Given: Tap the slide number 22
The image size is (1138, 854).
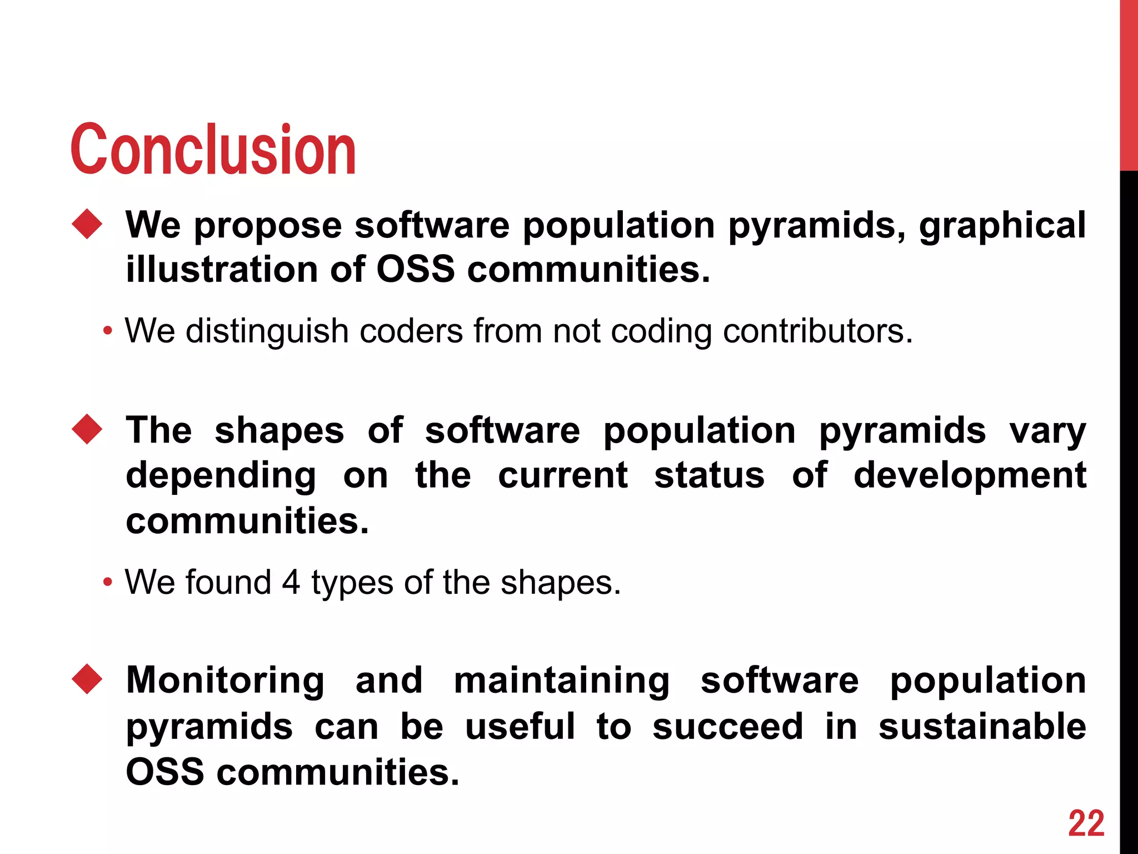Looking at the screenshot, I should point(1086,823).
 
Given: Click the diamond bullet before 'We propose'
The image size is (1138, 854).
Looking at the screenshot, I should point(87,224).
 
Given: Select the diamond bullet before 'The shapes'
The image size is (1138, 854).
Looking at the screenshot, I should point(87,429).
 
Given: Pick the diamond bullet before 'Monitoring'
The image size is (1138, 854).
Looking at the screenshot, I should point(87,679).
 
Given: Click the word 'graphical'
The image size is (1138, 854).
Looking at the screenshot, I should point(1002,226).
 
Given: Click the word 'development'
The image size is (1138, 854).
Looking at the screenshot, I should point(969,476).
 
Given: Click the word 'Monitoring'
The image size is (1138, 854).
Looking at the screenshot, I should point(225,681).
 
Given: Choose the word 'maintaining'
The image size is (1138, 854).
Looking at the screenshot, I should point(562,681).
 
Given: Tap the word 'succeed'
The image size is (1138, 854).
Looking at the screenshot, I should point(727,726).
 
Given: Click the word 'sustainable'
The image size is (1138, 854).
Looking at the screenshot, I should point(982,726).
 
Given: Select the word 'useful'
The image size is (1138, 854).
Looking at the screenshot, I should point(520,726).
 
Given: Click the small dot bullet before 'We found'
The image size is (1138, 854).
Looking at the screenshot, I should point(108,583).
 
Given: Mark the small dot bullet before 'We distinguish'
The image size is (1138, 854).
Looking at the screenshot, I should point(108,332).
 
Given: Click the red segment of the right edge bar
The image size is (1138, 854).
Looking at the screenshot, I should point(1129,83).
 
